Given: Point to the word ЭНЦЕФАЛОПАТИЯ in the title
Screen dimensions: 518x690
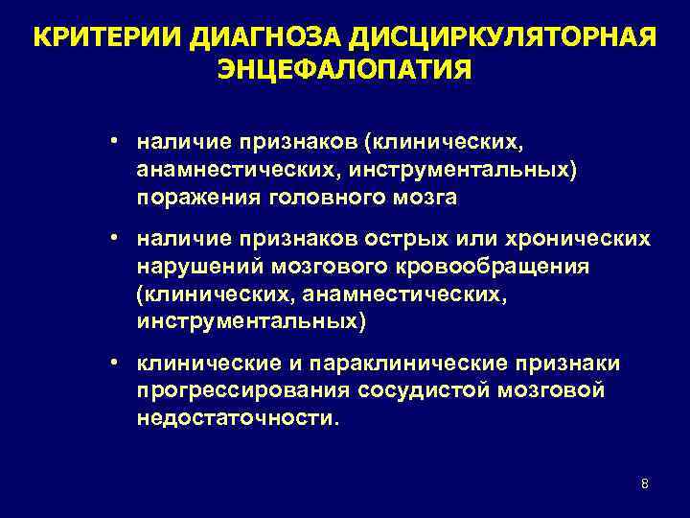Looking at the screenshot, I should point(345,70).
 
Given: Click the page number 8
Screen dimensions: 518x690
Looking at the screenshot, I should point(644,483).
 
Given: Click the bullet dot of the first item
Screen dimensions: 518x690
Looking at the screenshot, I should point(113,140).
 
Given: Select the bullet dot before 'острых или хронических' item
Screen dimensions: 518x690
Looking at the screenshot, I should point(113,235).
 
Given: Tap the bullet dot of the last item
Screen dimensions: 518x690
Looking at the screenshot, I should point(113,363).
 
